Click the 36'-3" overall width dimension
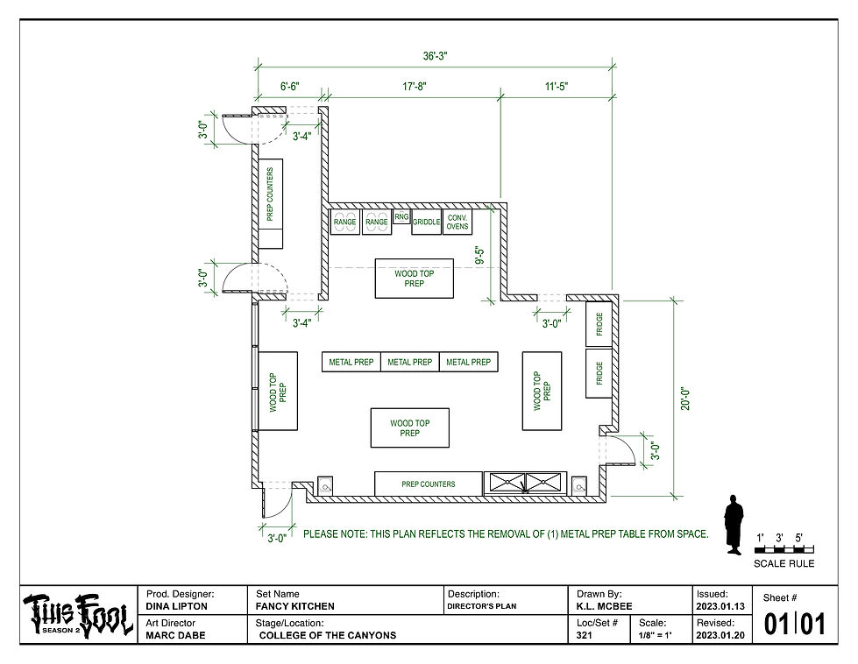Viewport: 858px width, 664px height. pyautogui.click(x=435, y=55)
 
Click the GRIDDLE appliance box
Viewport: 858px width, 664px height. pyautogui.click(x=426, y=223)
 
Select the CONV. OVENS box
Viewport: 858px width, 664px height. pyautogui.click(x=457, y=222)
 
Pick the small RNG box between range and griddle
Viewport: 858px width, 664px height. pyautogui.click(x=401, y=216)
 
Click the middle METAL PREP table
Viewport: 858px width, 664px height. pyautogui.click(x=410, y=362)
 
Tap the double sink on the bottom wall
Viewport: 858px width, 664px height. pyautogui.click(x=524, y=483)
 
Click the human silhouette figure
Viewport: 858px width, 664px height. pyautogui.click(x=733, y=526)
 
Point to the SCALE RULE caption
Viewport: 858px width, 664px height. pyautogui.click(x=784, y=563)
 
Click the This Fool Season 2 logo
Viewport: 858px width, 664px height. pyautogui.click(x=77, y=615)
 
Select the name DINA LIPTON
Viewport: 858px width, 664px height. pyautogui.click(x=174, y=606)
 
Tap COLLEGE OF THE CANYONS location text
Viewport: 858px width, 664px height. pyautogui.click(x=329, y=636)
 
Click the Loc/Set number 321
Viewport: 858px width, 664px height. pyautogui.click(x=585, y=636)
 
